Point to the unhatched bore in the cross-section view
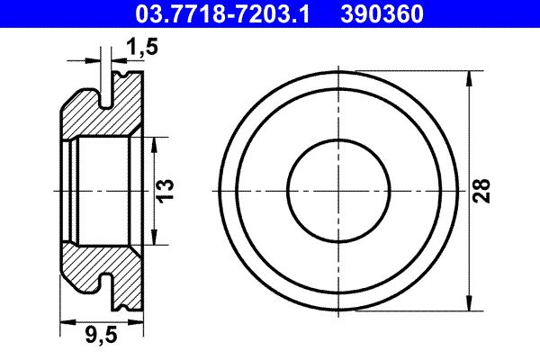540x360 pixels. pos(103,190)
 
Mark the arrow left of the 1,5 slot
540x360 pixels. pos(97,61)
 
